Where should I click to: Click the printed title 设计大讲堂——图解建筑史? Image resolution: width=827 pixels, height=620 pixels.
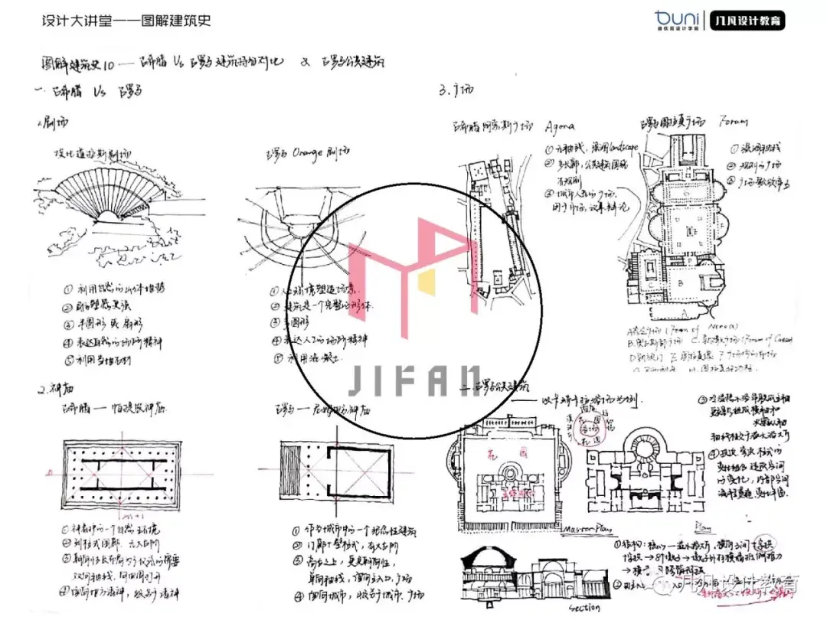(126, 21)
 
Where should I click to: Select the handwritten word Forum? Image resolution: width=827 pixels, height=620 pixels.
(733, 121)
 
